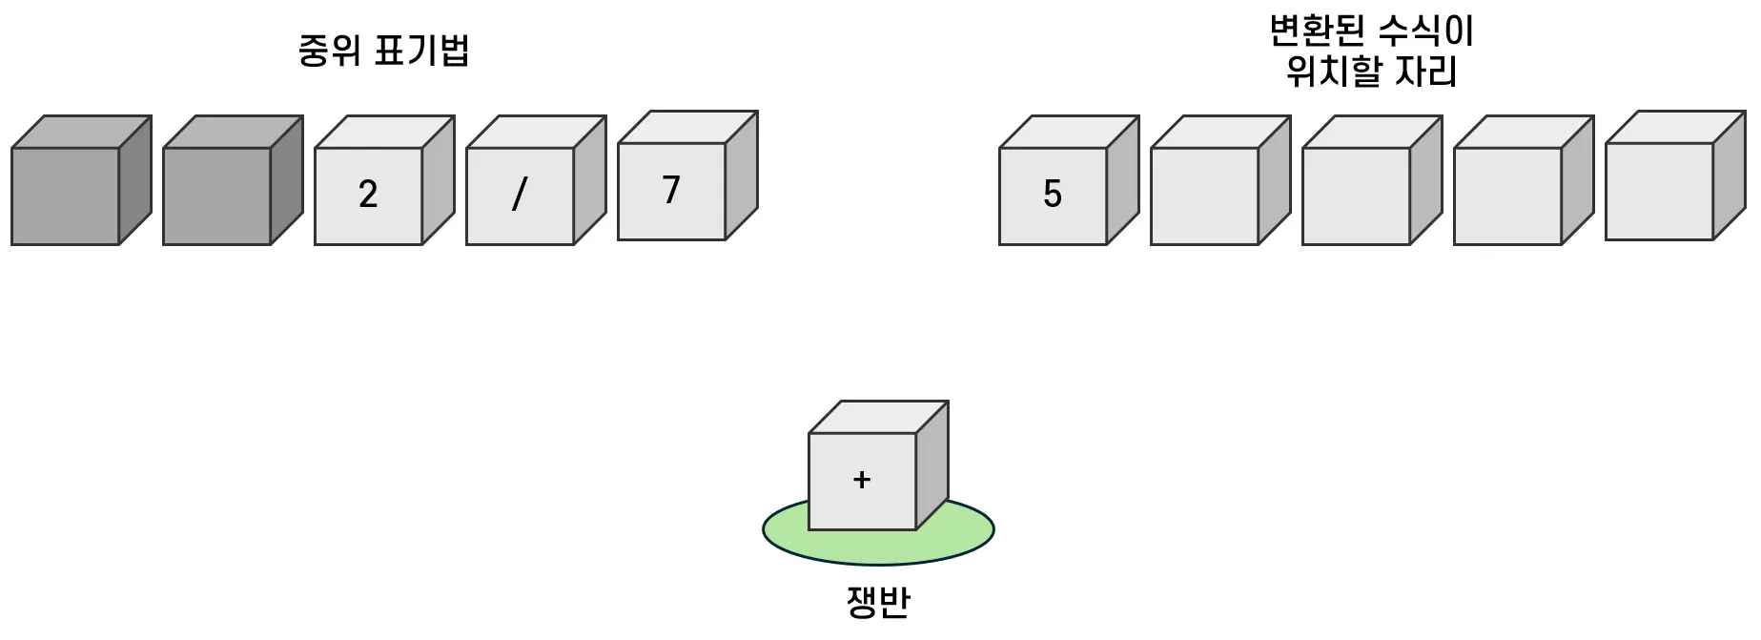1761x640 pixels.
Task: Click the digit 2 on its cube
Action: [368, 195]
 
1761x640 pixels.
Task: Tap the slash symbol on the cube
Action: [520, 195]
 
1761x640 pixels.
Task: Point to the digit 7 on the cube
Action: [671, 190]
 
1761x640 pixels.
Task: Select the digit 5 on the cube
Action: [1053, 195]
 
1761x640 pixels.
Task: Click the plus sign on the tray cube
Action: [862, 480]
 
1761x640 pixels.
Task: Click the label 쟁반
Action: [878, 603]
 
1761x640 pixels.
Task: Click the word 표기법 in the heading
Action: [421, 50]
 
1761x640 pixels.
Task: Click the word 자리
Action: [1426, 72]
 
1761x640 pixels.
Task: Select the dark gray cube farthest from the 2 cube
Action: [66, 196]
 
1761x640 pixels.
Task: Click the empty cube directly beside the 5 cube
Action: [1204, 196]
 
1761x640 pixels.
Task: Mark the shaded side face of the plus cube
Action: [932, 465]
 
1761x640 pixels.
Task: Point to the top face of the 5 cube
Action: [1070, 133]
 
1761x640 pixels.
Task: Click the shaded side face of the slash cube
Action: [589, 180]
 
